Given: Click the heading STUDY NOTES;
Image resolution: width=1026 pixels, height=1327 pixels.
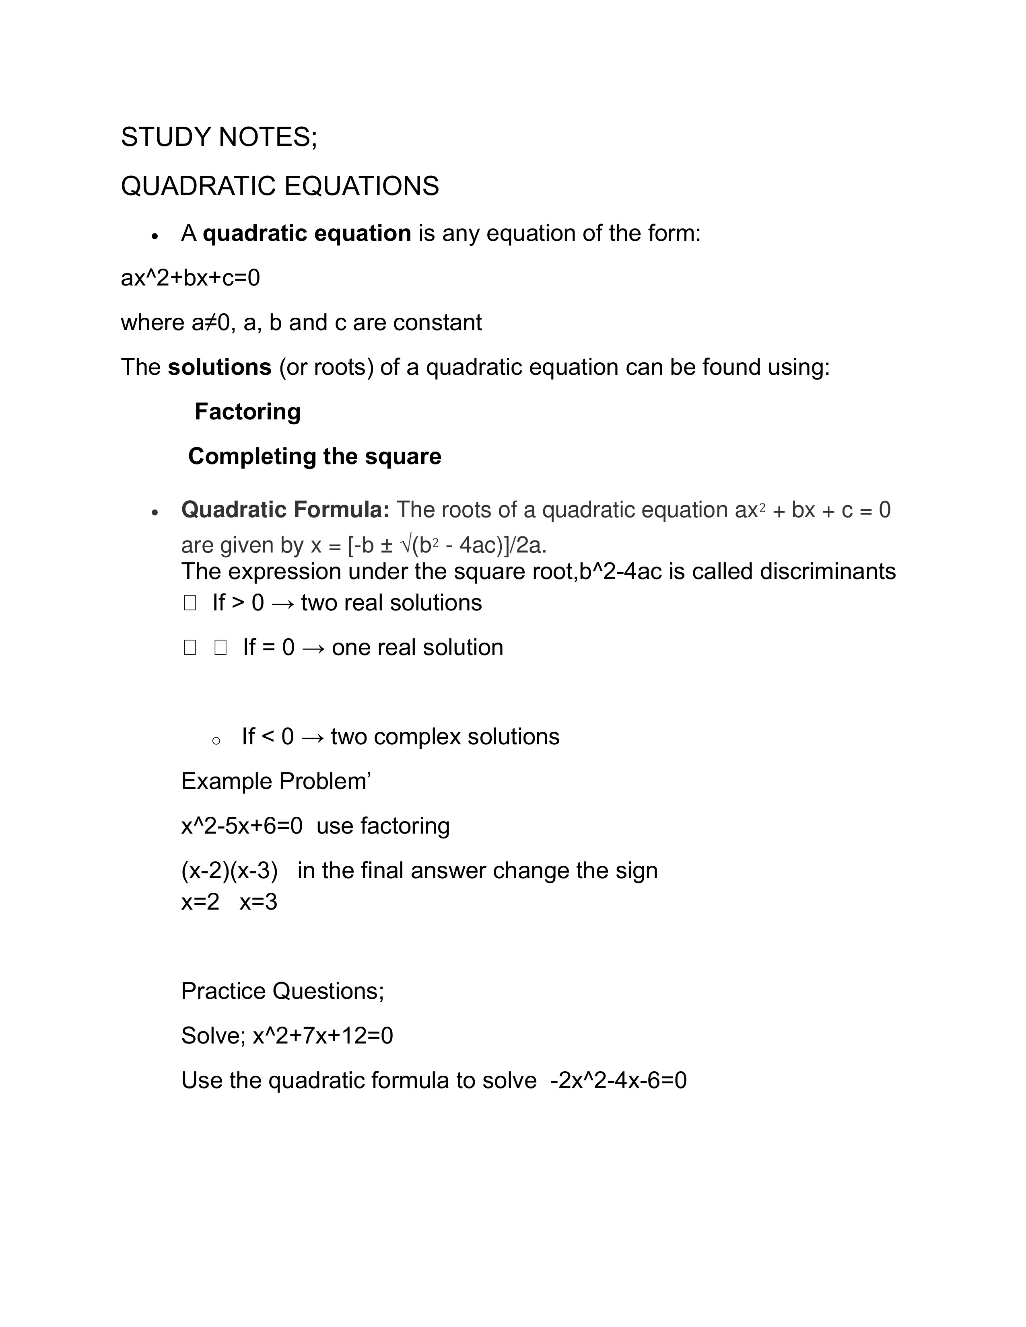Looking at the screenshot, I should pyautogui.click(x=219, y=137).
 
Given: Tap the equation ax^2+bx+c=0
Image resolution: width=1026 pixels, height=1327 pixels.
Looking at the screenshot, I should pyautogui.click(x=190, y=278).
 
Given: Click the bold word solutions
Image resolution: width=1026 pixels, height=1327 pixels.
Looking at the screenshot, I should pyautogui.click(x=219, y=368).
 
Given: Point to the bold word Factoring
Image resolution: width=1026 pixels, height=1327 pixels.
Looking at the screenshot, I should pyautogui.click(x=247, y=412).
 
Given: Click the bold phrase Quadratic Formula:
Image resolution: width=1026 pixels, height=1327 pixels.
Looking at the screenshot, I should pyautogui.click(x=285, y=510).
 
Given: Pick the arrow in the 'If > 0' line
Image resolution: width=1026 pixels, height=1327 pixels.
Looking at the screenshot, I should pyautogui.click(x=282, y=603).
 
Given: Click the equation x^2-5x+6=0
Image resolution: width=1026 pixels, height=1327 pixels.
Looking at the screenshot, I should pyautogui.click(x=242, y=826).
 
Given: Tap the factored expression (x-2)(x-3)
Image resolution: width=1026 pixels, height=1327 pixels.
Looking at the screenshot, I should pyautogui.click(x=229, y=871).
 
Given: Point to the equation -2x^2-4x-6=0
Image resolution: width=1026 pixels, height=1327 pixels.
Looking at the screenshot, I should pyautogui.click(x=618, y=1080).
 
